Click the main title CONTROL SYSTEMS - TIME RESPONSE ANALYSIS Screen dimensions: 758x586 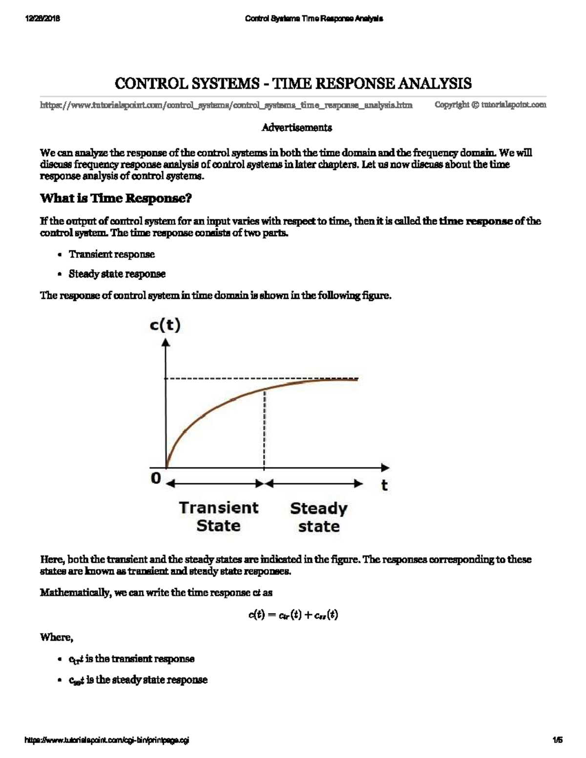pos(293,83)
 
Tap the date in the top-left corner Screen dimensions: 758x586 pos(42,19)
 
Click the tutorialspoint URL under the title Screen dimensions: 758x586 pos(226,105)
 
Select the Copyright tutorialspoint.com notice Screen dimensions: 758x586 pos(490,105)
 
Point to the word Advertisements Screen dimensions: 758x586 pos(296,128)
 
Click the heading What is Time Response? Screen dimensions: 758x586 pos(116,199)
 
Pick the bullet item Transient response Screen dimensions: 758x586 pos(111,254)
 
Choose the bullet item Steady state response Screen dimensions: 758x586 pos(117,274)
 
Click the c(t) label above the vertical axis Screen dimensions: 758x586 pos(165,326)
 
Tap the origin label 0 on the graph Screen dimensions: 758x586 pos(156,478)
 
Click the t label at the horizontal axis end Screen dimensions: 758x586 pos(384,485)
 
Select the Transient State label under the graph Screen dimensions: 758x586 pos(218,516)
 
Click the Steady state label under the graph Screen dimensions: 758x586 pos(318,517)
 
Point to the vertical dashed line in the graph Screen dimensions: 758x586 pos(264,430)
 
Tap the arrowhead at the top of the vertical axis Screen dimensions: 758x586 pos(167,343)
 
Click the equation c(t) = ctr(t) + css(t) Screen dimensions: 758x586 pos(293,615)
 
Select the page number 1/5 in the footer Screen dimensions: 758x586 pos(558,740)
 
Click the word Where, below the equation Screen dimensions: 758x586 pos(57,637)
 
